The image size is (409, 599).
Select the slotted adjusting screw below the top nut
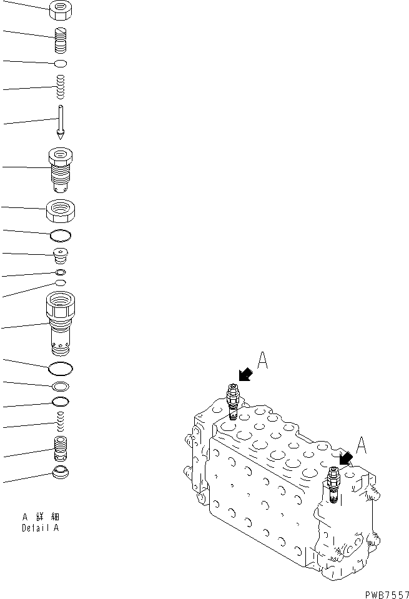click(61, 40)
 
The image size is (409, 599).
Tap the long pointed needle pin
click(61, 122)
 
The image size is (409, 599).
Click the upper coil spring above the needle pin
click(61, 87)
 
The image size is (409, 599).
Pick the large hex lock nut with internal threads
click(61, 211)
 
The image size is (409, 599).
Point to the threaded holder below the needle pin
click(61, 170)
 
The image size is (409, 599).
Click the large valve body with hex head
click(61, 323)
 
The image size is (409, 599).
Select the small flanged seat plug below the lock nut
click(61, 255)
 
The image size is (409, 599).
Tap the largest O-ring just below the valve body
click(61, 369)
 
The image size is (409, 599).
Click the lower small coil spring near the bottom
click(61, 422)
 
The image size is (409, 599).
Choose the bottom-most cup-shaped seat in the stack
click(61, 472)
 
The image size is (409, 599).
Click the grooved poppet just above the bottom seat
click(61, 448)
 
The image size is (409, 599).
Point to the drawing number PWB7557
click(387, 595)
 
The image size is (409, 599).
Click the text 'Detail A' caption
click(40, 528)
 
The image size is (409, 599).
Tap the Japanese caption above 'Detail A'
click(41, 517)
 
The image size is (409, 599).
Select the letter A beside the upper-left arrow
click(262, 360)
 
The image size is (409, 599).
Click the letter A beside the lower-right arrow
click(361, 445)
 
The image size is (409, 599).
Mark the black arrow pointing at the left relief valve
click(245, 375)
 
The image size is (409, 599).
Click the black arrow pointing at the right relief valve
click(346, 458)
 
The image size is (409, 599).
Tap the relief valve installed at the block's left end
click(232, 401)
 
